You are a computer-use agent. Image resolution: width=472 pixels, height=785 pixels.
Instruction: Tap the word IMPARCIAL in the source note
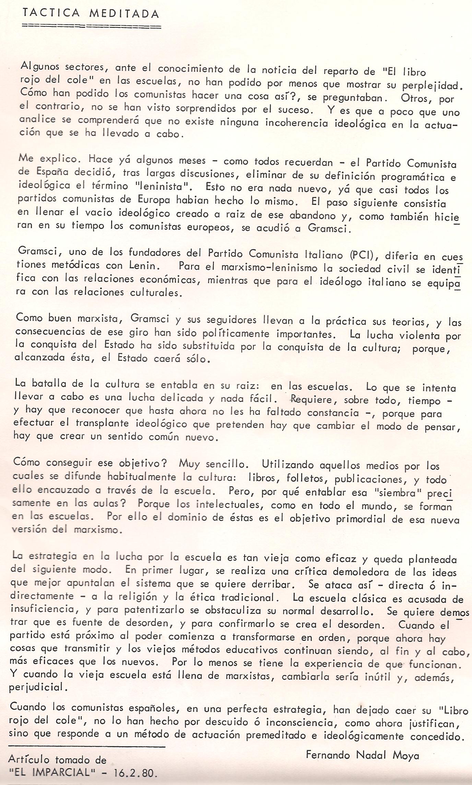(61, 772)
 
